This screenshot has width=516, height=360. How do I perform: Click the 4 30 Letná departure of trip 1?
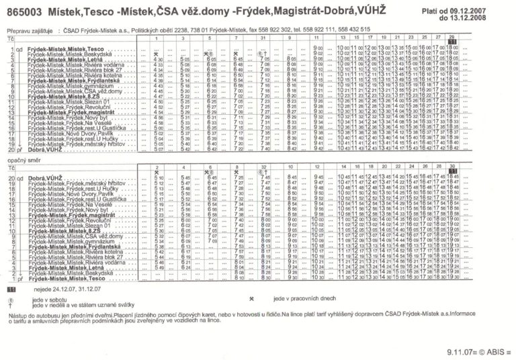[x=159, y=60]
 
